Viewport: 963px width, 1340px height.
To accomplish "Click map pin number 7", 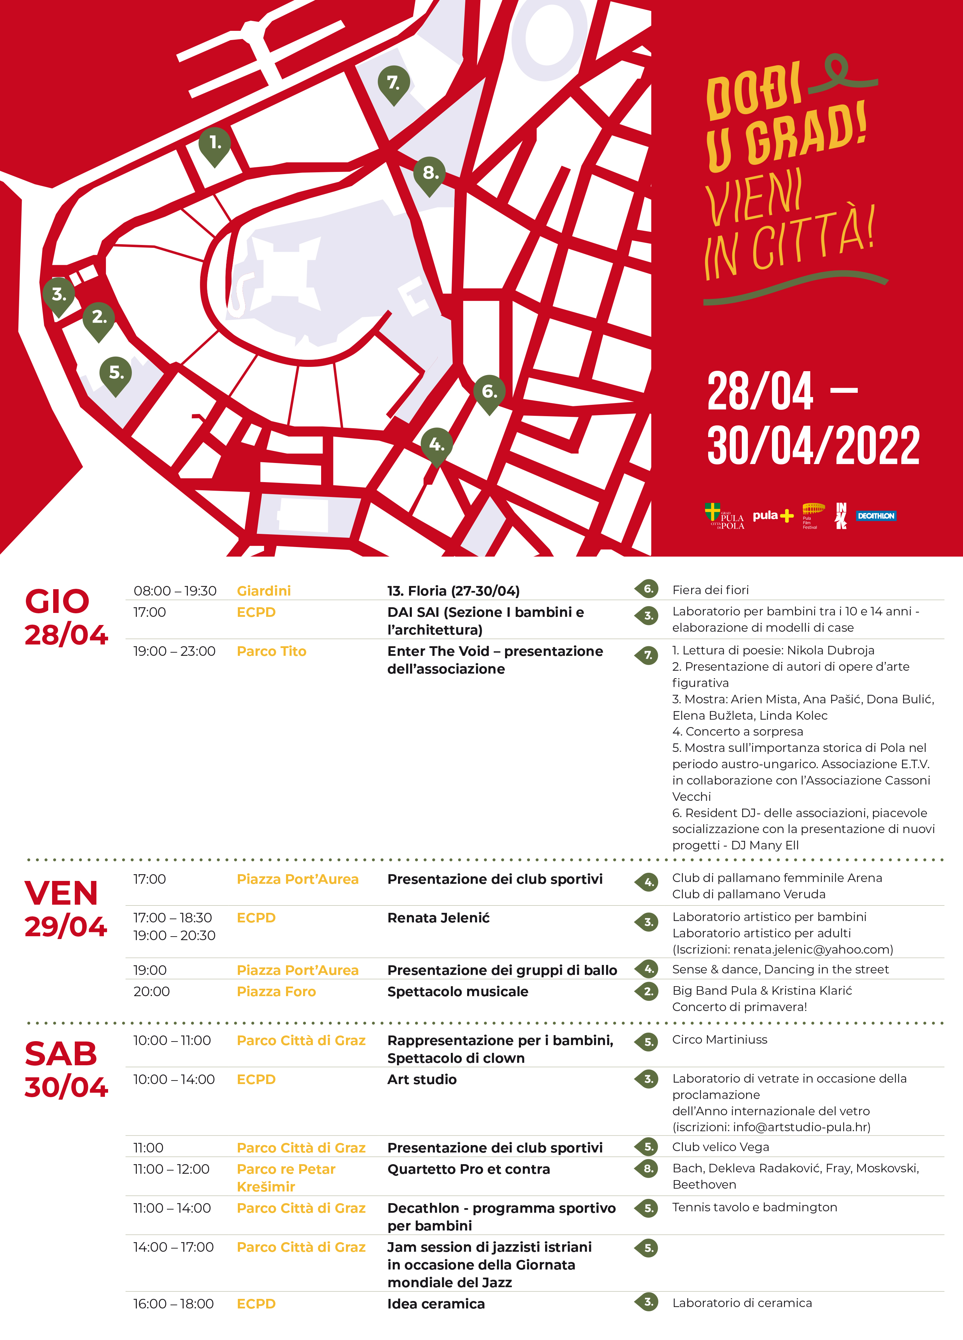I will coord(393,83).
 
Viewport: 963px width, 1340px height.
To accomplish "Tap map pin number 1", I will coord(214,144).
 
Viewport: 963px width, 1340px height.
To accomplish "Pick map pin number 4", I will coord(437,445).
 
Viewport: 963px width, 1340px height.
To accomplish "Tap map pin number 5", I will coord(116,373).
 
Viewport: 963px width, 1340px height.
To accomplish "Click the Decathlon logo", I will coord(876,516).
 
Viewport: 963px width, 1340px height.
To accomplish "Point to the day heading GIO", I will coord(57,602).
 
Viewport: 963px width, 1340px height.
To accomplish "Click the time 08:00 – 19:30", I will coord(175,591).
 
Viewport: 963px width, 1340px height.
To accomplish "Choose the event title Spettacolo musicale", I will coord(458,992).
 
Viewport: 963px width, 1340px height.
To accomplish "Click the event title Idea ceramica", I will coord(436,1304).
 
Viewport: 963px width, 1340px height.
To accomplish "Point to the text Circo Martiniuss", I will coord(720,1039).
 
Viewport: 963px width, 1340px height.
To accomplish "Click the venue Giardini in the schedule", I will coord(263,591).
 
